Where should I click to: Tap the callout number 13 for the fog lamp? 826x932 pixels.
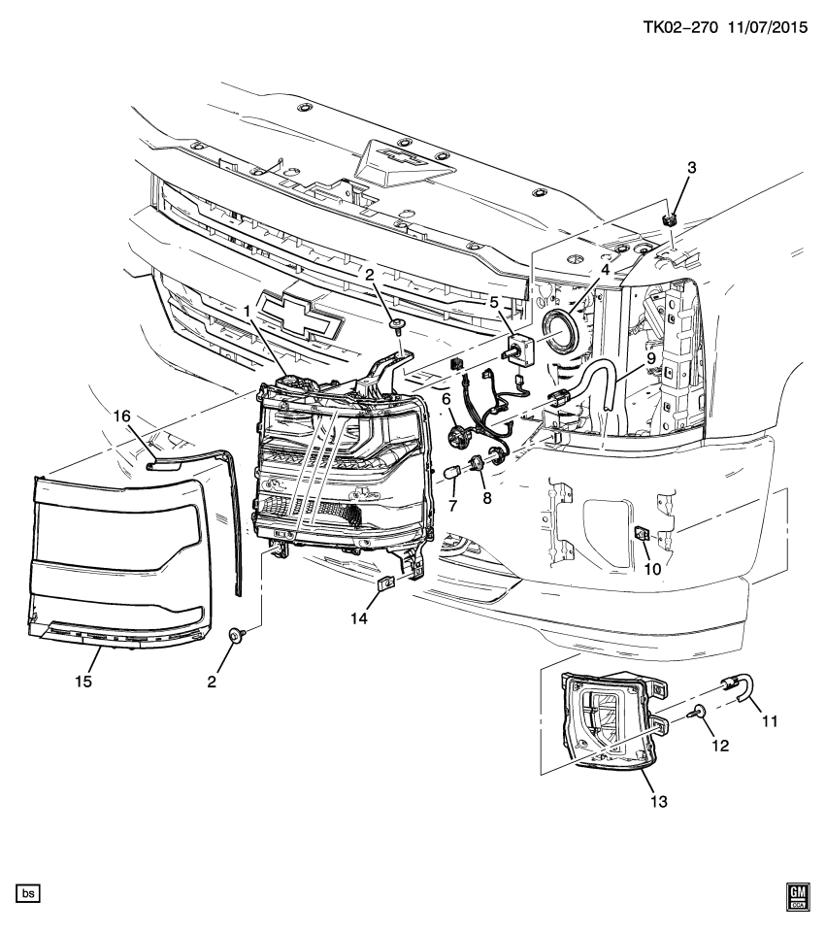[659, 802]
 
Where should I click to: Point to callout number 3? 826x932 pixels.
[691, 168]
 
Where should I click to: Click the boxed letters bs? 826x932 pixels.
[28, 891]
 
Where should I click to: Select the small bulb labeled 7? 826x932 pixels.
[449, 473]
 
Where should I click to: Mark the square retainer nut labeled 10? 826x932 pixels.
[643, 533]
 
